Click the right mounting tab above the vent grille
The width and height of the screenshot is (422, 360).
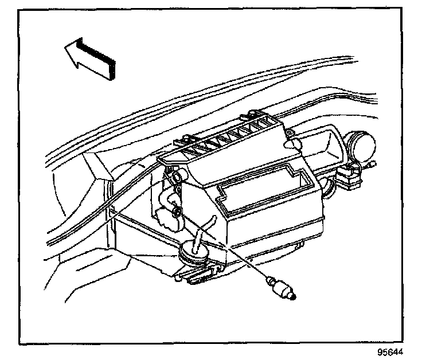[x=255, y=114]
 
